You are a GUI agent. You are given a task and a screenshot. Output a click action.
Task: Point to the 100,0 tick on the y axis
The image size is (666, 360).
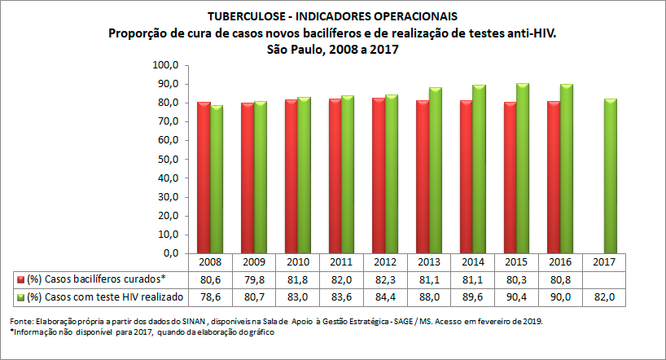click(165, 64)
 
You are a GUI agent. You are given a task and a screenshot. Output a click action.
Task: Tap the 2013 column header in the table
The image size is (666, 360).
click(430, 263)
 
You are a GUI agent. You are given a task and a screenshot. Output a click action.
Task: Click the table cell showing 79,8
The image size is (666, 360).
click(254, 279)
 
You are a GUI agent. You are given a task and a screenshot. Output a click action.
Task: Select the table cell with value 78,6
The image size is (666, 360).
click(210, 296)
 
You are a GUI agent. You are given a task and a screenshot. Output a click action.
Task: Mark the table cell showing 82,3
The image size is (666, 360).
click(386, 279)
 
